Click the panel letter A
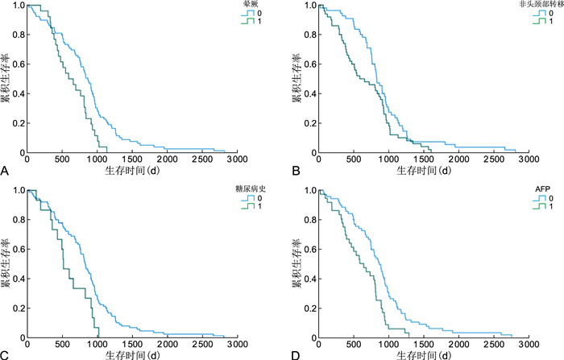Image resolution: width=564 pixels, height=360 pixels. click(x=6, y=172)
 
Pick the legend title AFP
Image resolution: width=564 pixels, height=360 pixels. click(x=545, y=188)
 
